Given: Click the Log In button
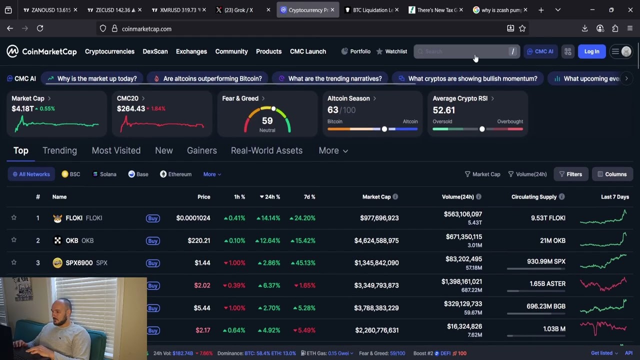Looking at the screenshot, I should pyautogui.click(x=591, y=51).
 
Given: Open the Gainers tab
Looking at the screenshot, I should pyautogui.click(x=201, y=150).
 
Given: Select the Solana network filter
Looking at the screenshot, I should pyautogui.click(x=104, y=174).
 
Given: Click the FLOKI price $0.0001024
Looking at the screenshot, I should pyautogui.click(x=193, y=218).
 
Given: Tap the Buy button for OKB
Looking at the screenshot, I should pyautogui.click(x=153, y=240).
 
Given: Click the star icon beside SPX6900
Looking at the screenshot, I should pyautogui.click(x=14, y=262).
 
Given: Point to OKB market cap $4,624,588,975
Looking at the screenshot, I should pyautogui.click(x=376, y=240).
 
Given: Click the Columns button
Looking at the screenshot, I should pyautogui.click(x=612, y=174).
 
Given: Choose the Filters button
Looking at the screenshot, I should pyautogui.click(x=570, y=174).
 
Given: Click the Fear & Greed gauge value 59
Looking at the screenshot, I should pyautogui.click(x=267, y=121).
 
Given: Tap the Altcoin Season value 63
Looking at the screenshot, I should pyautogui.click(x=333, y=110).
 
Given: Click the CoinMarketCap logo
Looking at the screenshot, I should pyautogui.click(x=42, y=51).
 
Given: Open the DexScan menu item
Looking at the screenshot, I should pyautogui.click(x=155, y=51).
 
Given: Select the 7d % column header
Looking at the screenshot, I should pyautogui.click(x=309, y=197).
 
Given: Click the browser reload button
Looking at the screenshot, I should pyautogui.click(x=40, y=28).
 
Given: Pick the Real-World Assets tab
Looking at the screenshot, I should pyautogui.click(x=266, y=150).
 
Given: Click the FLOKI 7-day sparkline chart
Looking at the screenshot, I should pyautogui.click(x=603, y=218).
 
